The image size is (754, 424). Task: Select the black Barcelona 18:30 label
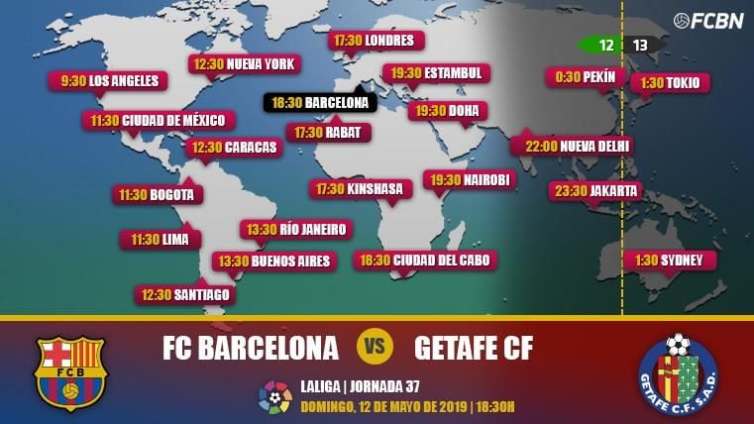pyautogui.click(x=319, y=102)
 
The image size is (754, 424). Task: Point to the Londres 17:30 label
pyautogui.click(x=377, y=41)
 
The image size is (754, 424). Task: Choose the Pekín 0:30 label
pyautogui.click(x=586, y=77)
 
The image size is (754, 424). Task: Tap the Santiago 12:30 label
pyautogui.click(x=185, y=294)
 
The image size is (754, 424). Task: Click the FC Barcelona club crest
pyautogui.click(x=69, y=372)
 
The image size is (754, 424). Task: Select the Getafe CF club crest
pyautogui.click(x=678, y=372)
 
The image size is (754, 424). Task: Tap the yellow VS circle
pyautogui.click(x=376, y=347)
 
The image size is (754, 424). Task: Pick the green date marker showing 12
pyautogui.click(x=602, y=45)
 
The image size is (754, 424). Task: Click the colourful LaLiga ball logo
pyautogui.click(x=275, y=396)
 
